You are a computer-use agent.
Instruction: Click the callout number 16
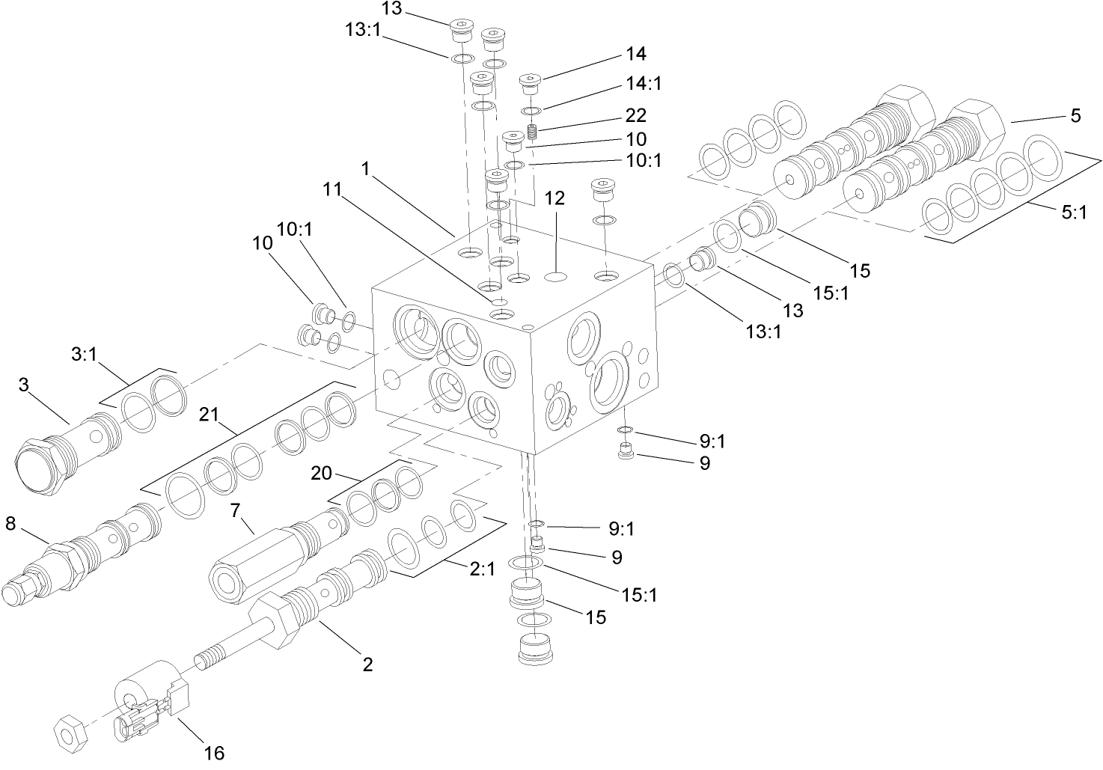pos(214,753)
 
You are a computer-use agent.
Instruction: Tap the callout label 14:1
pos(645,82)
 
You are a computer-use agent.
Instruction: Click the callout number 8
pos(10,524)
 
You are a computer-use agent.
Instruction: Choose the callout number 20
pos(321,473)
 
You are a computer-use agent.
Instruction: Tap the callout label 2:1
pos(482,569)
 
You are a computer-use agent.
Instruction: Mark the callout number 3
pos(25,385)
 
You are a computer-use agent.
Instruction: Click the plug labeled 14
pos(531,81)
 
